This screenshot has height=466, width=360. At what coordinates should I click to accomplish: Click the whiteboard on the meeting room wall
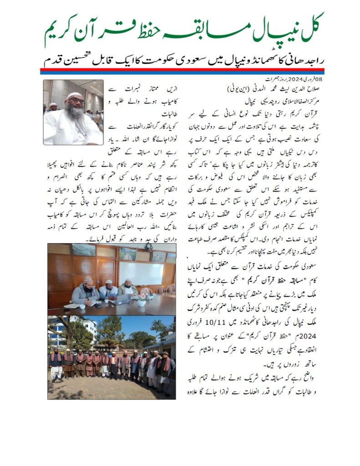tap(141, 273)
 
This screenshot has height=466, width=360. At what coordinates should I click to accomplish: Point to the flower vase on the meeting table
tap(142, 301)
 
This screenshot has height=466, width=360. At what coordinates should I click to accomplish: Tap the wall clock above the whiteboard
tap(148, 246)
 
